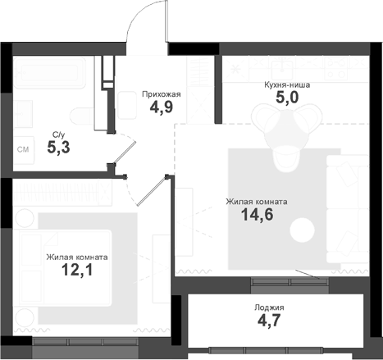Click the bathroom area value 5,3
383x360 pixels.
tap(58, 148)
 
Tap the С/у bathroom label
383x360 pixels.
tap(58, 134)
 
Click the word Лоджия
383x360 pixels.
tap(269, 308)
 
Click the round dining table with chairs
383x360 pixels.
tap(284, 131)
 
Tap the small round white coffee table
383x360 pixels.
tap(307, 227)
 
